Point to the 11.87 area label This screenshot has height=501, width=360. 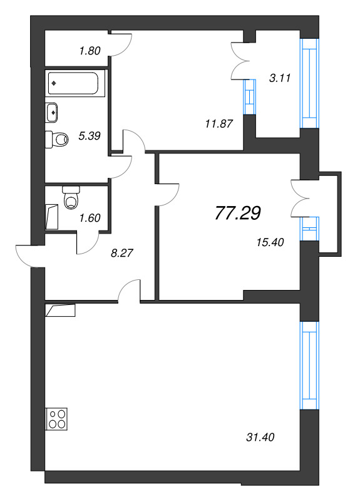[219, 123]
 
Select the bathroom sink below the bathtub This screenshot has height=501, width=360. [54, 113]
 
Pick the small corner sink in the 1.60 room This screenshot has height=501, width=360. [53, 217]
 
